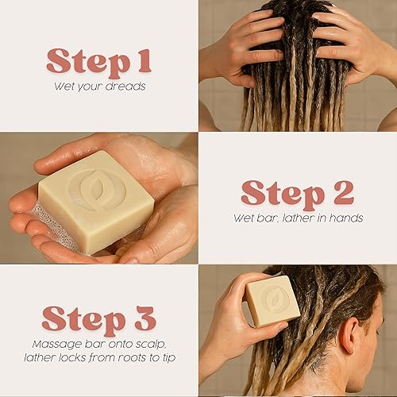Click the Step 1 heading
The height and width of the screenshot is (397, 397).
pos(99,60)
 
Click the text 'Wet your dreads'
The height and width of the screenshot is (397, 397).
pos(99,85)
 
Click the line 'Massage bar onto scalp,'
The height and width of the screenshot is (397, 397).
pos(99,344)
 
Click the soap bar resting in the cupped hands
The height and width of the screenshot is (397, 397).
pos(95,202)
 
